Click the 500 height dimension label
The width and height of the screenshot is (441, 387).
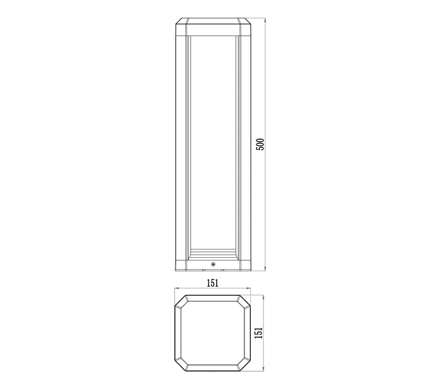click(x=260, y=144)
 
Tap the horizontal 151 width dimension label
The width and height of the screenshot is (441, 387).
click(x=213, y=283)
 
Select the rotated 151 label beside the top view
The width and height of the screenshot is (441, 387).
click(x=260, y=333)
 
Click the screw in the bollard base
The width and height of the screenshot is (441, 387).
click(x=214, y=264)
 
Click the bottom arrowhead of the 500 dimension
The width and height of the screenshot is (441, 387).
click(x=265, y=269)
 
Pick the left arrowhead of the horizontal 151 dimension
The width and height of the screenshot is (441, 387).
click(x=177, y=288)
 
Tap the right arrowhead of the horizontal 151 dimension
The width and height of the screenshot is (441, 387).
click(x=248, y=288)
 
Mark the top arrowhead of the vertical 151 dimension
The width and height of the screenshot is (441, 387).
click(x=263, y=297)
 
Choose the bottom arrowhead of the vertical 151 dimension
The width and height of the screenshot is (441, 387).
click(x=263, y=369)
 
